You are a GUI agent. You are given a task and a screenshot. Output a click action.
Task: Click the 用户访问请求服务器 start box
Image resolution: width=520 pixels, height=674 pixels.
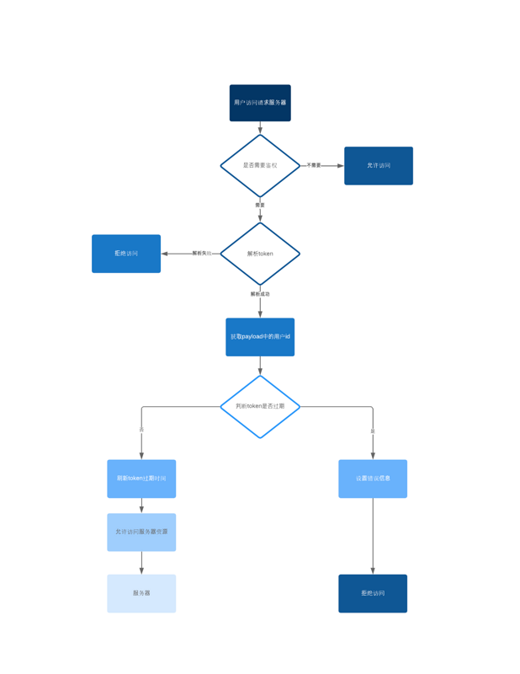[x=260, y=103]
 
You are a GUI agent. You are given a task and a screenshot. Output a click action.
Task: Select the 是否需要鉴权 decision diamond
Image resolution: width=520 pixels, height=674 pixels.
[x=260, y=165]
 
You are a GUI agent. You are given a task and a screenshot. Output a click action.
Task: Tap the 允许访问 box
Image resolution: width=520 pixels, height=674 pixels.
[x=378, y=166]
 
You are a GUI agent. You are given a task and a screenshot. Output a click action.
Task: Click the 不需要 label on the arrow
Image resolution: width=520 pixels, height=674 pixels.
[x=313, y=165]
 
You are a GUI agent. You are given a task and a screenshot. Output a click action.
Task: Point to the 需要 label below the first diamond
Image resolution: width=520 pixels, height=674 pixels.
[x=260, y=205]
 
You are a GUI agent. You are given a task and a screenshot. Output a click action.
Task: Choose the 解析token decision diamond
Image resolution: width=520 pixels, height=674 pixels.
[x=260, y=254]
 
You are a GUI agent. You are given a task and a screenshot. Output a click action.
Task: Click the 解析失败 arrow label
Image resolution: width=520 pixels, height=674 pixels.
[x=201, y=253]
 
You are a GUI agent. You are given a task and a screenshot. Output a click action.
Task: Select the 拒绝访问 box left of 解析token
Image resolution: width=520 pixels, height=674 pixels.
[x=126, y=254]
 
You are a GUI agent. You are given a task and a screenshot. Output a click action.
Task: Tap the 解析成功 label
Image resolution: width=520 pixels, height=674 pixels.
[x=260, y=294]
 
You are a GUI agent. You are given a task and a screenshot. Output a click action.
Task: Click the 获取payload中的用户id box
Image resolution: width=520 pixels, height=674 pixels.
[x=260, y=337]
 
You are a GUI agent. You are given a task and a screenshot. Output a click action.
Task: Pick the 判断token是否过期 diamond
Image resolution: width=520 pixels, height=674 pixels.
[x=260, y=406]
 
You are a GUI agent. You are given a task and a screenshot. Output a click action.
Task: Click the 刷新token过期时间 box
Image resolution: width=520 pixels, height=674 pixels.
[x=141, y=479]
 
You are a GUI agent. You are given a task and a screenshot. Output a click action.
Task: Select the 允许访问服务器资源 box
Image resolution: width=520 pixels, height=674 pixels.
[x=141, y=532]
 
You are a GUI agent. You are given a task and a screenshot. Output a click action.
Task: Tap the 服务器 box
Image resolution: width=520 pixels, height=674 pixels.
[x=141, y=593]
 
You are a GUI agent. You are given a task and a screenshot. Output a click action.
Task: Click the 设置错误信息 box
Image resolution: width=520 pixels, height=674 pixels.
[x=373, y=479]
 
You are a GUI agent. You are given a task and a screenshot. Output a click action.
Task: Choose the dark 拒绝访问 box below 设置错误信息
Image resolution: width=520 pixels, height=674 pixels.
[x=373, y=593]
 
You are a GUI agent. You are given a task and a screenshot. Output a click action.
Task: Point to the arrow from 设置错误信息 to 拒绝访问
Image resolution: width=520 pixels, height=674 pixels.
[x=373, y=536]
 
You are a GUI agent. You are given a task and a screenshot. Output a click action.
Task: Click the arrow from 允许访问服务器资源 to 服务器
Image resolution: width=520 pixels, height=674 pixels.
[x=141, y=563]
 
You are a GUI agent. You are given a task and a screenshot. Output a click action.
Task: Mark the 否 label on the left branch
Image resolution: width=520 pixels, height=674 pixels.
[x=141, y=430]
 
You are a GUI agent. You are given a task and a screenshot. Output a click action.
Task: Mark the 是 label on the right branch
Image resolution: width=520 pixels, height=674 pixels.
[x=373, y=431]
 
